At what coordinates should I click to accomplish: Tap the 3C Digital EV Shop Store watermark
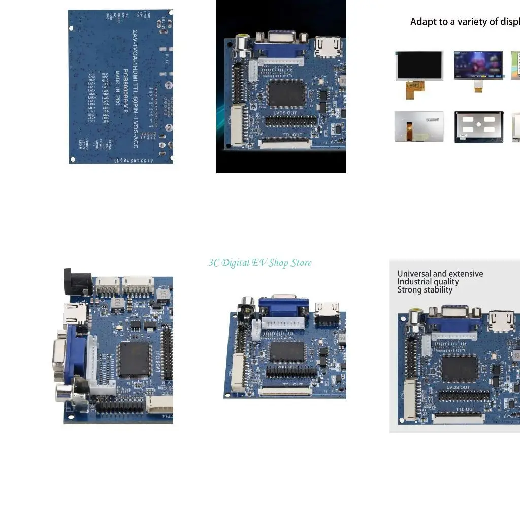[260, 263]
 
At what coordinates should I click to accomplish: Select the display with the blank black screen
[419, 65]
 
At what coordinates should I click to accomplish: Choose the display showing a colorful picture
[478, 65]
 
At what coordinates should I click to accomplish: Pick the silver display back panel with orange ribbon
[419, 126]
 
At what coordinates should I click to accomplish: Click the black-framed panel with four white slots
[479, 126]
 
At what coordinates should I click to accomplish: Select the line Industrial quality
[428, 282]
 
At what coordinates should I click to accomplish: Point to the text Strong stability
[425, 290]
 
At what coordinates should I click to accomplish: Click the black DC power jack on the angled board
[77, 282]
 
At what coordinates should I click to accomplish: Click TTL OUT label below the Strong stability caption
[465, 409]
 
